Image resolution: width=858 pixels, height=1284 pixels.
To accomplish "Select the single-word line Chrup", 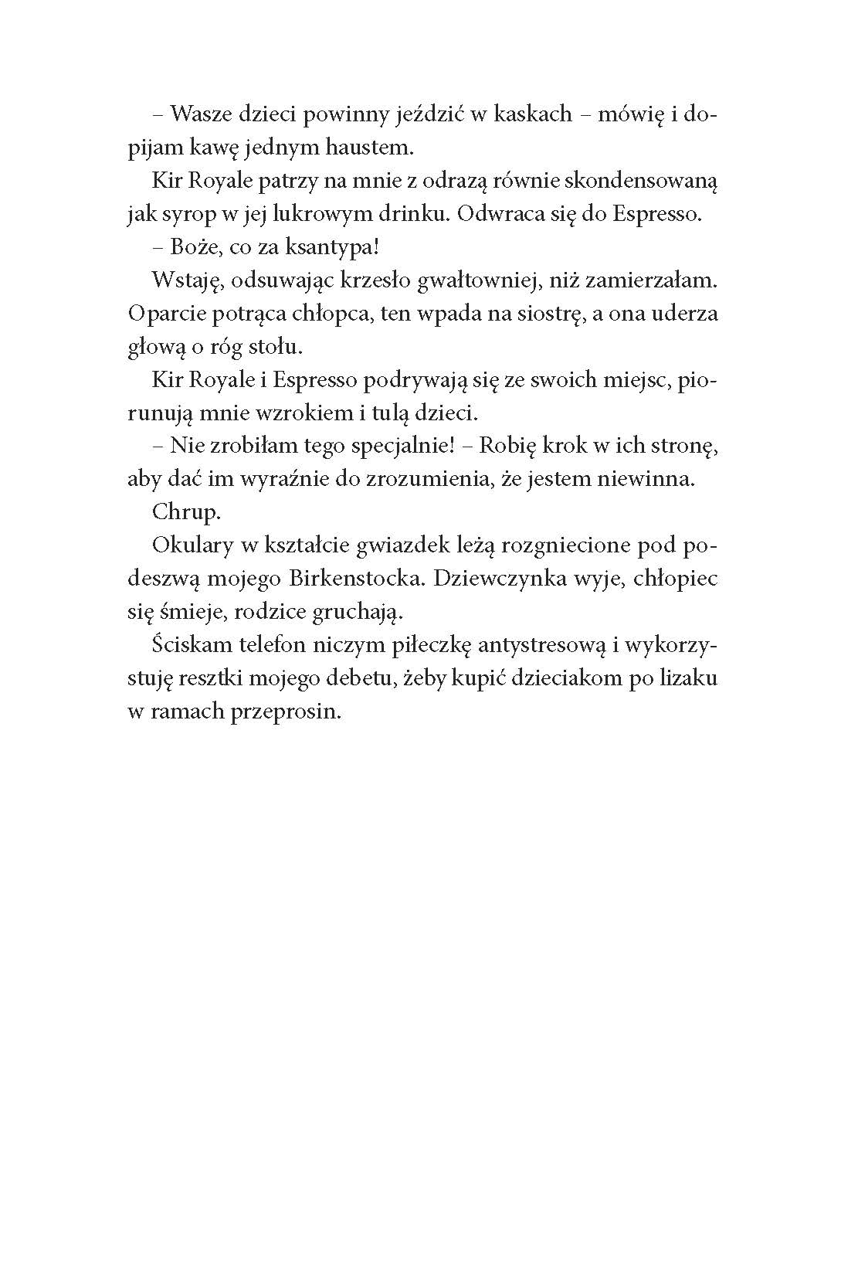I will click(x=185, y=512).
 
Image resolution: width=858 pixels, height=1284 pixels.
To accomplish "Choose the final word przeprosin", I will click(x=286, y=712).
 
